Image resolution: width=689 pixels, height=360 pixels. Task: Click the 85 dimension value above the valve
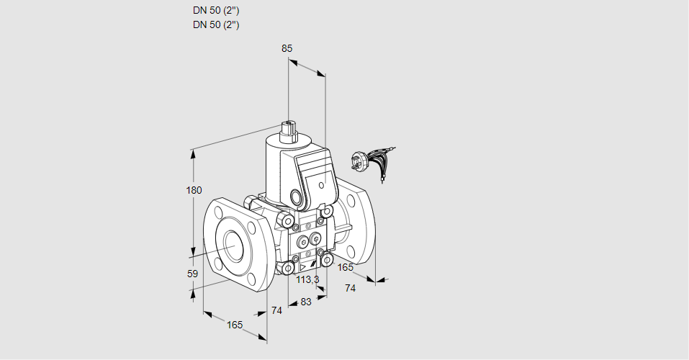click(x=287, y=48)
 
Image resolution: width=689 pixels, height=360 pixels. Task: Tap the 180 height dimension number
click(x=194, y=191)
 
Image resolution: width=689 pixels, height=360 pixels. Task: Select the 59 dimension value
click(x=192, y=274)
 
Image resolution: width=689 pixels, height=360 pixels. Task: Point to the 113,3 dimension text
click(x=308, y=279)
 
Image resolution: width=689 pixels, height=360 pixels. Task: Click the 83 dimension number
click(x=306, y=302)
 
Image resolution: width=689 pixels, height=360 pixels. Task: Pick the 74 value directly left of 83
click(x=276, y=310)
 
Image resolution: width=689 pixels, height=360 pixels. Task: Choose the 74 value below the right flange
click(x=351, y=288)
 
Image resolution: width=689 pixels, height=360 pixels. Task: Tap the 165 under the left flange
click(x=235, y=325)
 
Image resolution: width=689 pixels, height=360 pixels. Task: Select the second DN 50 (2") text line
click(x=216, y=24)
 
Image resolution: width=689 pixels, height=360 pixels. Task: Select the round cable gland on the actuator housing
click(x=297, y=196)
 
